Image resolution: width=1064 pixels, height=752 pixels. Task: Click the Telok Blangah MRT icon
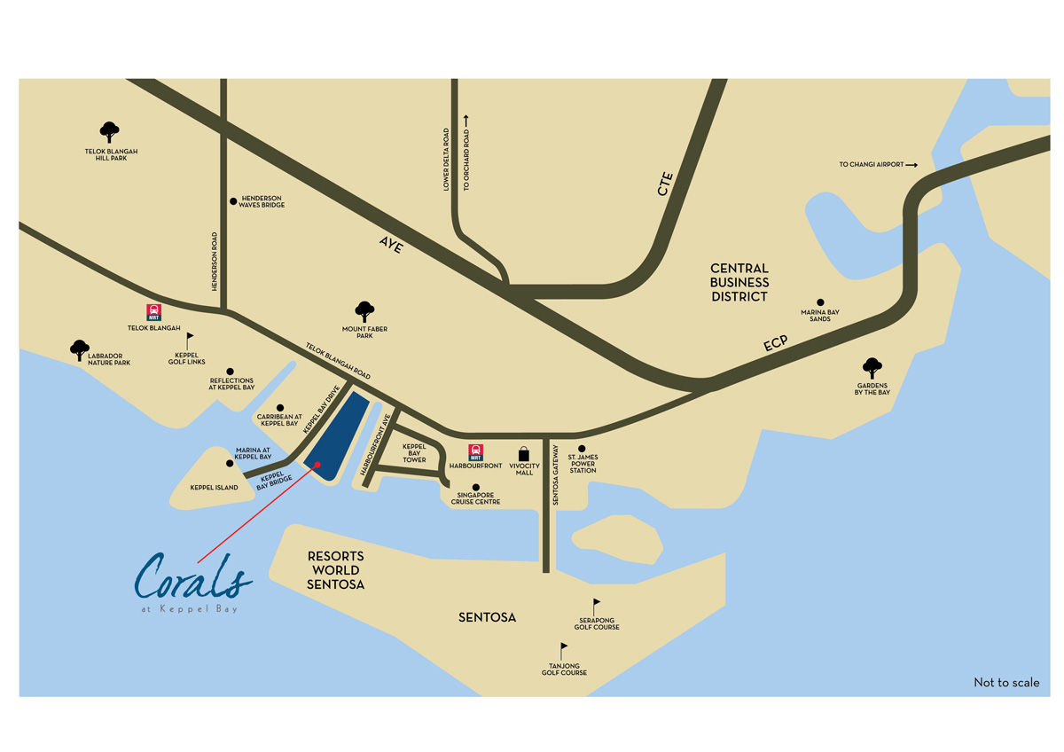pyautogui.click(x=153, y=312)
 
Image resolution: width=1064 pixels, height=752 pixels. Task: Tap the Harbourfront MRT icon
pyautogui.click(x=476, y=451)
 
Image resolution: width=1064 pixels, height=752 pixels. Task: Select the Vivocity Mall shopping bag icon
pyautogui.click(x=524, y=453)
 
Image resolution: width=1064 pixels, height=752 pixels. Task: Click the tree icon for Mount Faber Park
pyautogui.click(x=364, y=311)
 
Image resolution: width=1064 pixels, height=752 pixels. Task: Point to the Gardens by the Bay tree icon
pyautogui.click(x=872, y=367)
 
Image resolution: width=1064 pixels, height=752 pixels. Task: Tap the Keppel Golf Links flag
pyautogui.click(x=189, y=340)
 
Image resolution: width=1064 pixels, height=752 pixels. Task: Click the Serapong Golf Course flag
pyautogui.click(x=596, y=605)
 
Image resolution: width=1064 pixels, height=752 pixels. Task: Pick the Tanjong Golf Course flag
pyautogui.click(x=562, y=650)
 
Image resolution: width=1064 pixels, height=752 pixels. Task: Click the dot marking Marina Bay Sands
pyautogui.click(x=820, y=302)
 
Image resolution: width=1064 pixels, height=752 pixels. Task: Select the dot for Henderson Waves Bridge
pyautogui.click(x=233, y=201)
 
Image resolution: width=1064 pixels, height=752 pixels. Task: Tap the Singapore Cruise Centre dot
pyautogui.click(x=476, y=487)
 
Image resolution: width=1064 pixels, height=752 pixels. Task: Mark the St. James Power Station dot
pyautogui.click(x=583, y=449)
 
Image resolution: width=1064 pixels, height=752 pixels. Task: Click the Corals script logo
pyautogui.click(x=193, y=578)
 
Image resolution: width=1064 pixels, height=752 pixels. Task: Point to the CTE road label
pyautogui.click(x=666, y=184)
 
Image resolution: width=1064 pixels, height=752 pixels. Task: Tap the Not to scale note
pyautogui.click(x=1006, y=683)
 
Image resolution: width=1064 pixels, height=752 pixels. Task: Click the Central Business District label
pyautogui.click(x=739, y=282)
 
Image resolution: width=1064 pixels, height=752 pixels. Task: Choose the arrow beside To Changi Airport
pyautogui.click(x=911, y=165)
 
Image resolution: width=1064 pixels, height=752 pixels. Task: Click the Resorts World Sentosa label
pyautogui.click(x=335, y=570)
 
